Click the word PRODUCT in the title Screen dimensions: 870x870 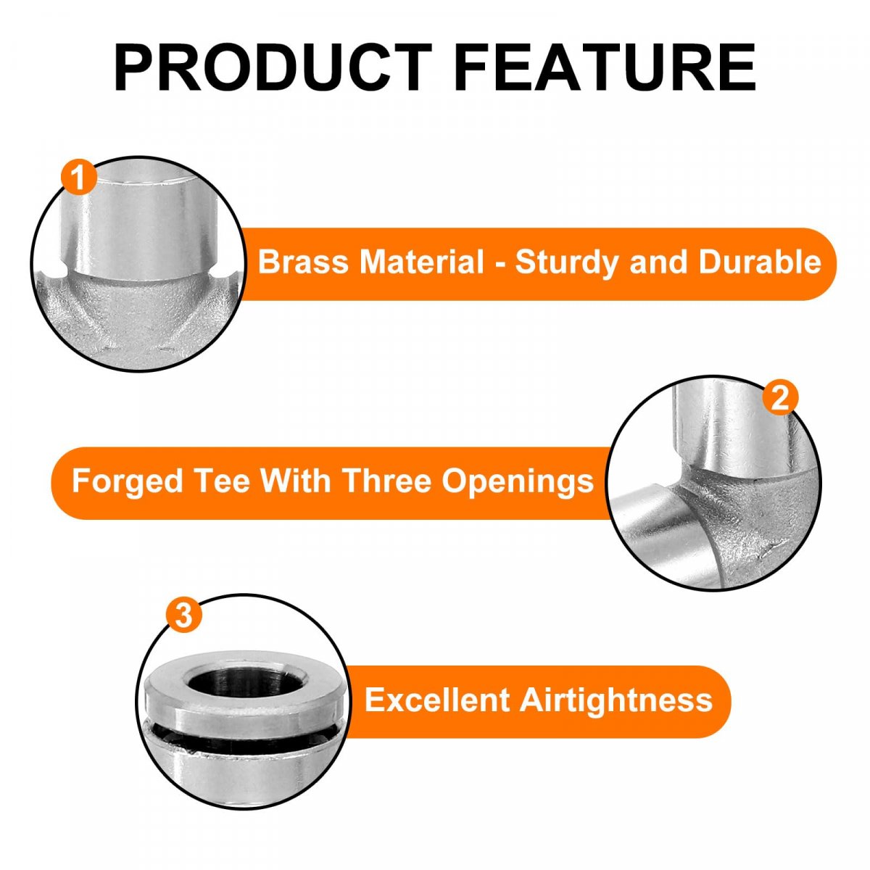click(273, 67)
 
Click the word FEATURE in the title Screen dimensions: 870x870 click(605, 67)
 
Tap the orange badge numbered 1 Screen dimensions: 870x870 click(79, 178)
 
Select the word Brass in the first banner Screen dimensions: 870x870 click(303, 262)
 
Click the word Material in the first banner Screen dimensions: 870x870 click(422, 262)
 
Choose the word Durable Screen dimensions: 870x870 click(760, 262)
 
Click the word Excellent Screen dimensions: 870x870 click(437, 700)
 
